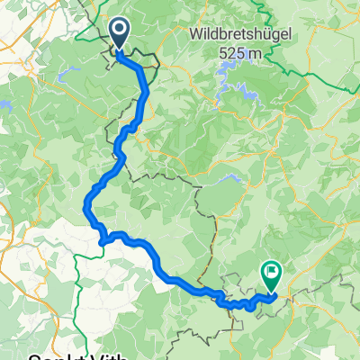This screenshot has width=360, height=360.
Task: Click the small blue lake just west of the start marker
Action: click(67, 76)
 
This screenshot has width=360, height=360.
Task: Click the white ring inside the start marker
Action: click(119, 32)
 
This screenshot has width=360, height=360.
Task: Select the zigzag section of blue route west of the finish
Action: click(236, 302)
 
